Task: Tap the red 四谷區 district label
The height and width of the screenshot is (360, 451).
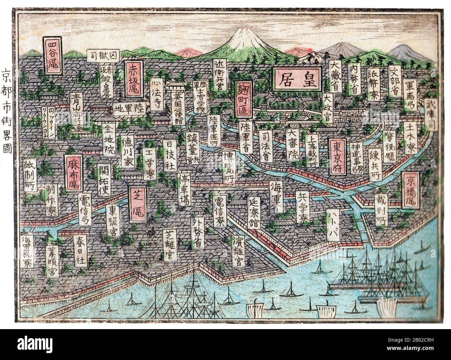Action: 52,55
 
